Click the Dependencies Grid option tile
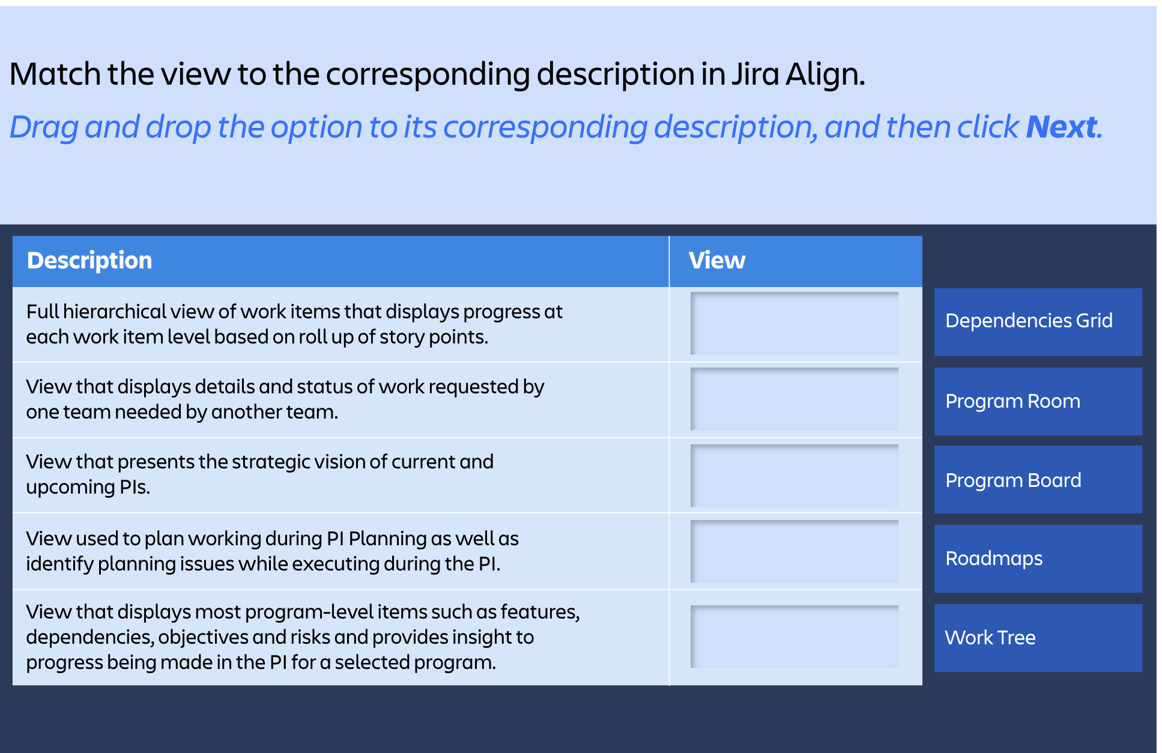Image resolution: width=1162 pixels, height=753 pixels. click(1038, 321)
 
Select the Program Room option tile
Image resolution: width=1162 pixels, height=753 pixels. click(1038, 401)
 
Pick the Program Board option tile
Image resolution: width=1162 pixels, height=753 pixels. click(1038, 480)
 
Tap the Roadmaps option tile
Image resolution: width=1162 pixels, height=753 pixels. click(1038, 558)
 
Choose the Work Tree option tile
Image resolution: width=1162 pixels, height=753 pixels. click(1038, 638)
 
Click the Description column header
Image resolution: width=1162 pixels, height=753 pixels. click(89, 261)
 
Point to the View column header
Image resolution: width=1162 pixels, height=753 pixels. click(716, 261)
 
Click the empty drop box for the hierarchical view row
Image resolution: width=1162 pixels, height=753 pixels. click(794, 323)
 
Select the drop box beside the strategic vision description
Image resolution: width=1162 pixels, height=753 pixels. click(794, 476)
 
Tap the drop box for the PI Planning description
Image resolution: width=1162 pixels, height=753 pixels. click(794, 551)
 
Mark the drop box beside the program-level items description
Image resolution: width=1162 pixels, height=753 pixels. click(794, 637)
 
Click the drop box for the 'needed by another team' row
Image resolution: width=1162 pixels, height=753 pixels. click(794, 399)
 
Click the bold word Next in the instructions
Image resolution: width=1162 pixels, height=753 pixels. click(1061, 127)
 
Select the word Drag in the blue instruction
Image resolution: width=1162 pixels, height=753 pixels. click(44, 127)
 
